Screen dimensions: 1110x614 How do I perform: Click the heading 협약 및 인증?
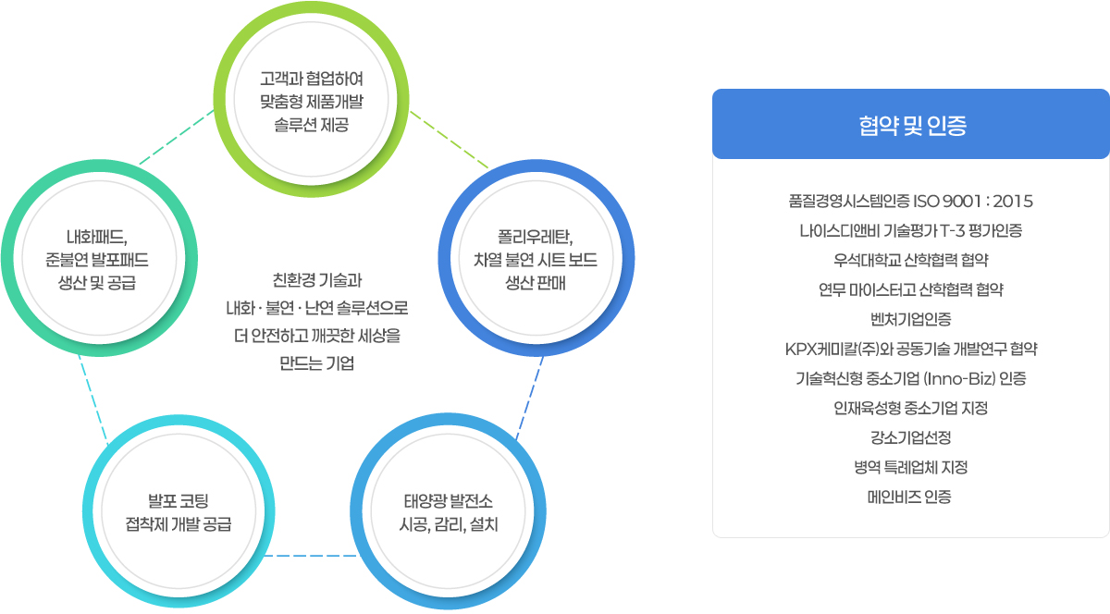[x=912, y=126]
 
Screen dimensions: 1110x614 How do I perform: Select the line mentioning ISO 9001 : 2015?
[x=911, y=202]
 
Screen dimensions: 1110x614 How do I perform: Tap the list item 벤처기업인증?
[x=911, y=319]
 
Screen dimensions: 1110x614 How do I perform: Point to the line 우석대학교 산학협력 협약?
[x=911, y=260]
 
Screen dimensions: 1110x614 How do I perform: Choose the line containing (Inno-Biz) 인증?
[x=911, y=378]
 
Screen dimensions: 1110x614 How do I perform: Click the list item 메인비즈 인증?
[x=909, y=497]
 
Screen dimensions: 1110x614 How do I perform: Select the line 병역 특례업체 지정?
[x=911, y=467]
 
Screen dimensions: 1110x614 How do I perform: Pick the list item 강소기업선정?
[x=911, y=437]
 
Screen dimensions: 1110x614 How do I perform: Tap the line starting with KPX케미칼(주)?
[x=911, y=349]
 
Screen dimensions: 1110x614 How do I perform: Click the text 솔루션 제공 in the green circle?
[x=311, y=125]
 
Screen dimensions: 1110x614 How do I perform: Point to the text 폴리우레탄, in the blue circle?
[x=536, y=237]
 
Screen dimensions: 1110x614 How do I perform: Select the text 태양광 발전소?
[x=449, y=501]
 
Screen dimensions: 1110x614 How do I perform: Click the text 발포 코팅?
[x=179, y=501]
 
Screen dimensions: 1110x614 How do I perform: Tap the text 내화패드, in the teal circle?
[x=97, y=237]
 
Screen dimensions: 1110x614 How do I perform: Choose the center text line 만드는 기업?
[x=316, y=363]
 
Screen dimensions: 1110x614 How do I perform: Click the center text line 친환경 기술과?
[x=317, y=280]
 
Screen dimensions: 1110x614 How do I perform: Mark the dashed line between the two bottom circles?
[x=310, y=556]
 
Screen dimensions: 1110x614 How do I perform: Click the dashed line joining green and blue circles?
[x=449, y=140]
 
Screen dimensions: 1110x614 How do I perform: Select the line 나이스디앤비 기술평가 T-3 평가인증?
[x=911, y=230]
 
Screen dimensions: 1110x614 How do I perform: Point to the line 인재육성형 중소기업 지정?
[x=911, y=408]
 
